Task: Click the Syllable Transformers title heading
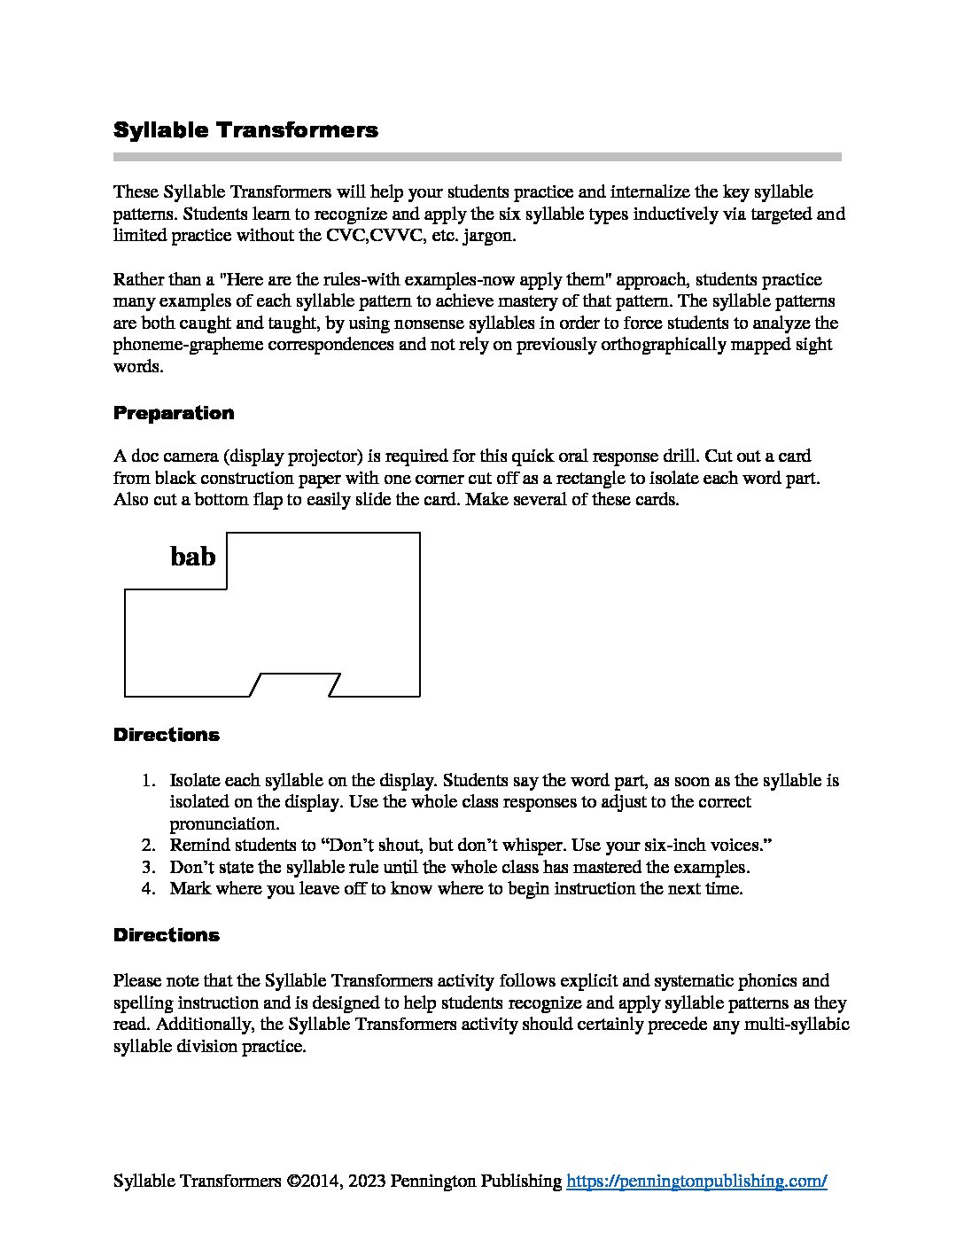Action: click(245, 130)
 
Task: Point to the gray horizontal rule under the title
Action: click(477, 157)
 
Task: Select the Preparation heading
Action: click(174, 413)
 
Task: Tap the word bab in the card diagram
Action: click(192, 557)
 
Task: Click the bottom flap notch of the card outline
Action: click(296, 684)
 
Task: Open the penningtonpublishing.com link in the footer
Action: click(696, 1181)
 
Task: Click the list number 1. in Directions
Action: click(150, 781)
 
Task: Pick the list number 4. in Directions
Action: click(150, 888)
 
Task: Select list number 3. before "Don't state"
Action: click(150, 867)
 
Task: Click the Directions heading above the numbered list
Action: click(167, 735)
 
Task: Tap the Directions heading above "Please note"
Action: click(167, 935)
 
